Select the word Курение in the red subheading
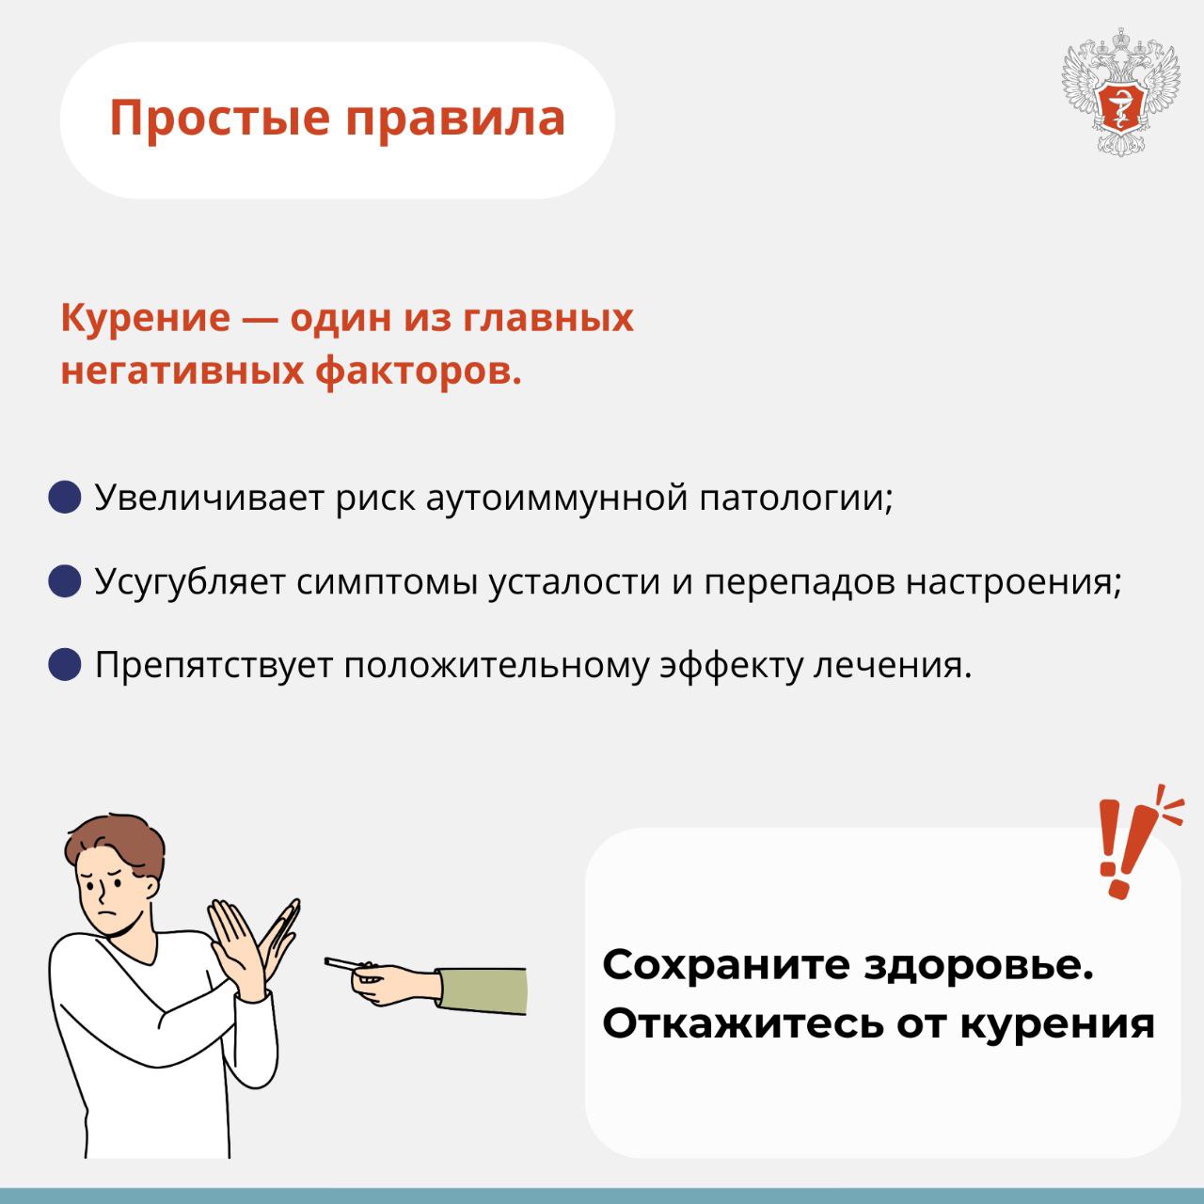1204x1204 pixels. (146, 319)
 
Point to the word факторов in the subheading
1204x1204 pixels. (419, 372)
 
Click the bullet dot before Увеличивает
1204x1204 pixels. (65, 498)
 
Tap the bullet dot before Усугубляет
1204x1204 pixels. (65, 581)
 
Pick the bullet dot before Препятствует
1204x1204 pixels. (65, 664)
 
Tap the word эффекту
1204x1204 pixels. (731, 667)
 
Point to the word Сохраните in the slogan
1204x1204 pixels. (726, 965)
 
